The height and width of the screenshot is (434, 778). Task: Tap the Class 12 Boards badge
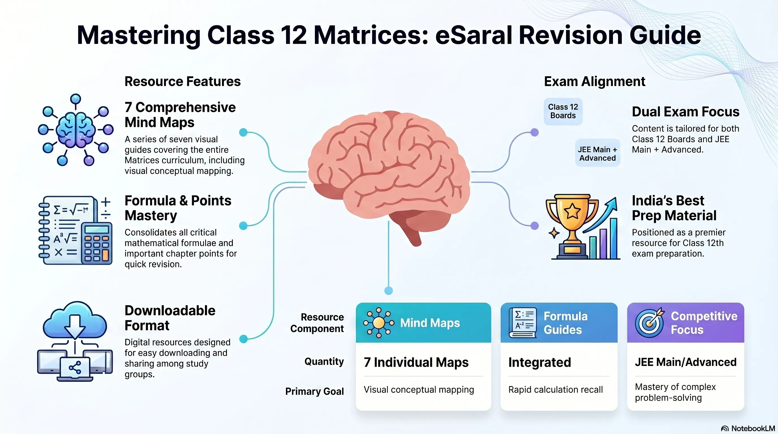coord(563,111)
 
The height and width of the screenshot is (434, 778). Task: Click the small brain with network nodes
coord(75,130)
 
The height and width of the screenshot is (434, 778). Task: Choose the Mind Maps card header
coord(423,323)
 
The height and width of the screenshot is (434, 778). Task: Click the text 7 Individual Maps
coord(416,362)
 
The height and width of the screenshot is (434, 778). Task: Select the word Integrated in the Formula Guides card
coord(540,363)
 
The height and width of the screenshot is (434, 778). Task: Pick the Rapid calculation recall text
coord(556,390)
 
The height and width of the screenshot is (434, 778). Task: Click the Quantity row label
coord(324,362)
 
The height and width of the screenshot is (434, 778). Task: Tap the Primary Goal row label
coord(314,391)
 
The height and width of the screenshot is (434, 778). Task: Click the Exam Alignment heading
coord(594,81)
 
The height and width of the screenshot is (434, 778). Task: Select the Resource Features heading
coord(183,81)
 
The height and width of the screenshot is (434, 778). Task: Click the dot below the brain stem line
coord(388,291)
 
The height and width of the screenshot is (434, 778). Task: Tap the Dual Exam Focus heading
coord(686,112)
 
